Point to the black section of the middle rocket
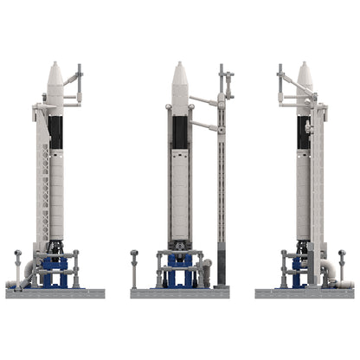tap(180, 132)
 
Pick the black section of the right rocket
tap(303, 132)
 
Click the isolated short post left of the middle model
tap(134, 269)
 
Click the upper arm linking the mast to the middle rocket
tap(203, 101)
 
